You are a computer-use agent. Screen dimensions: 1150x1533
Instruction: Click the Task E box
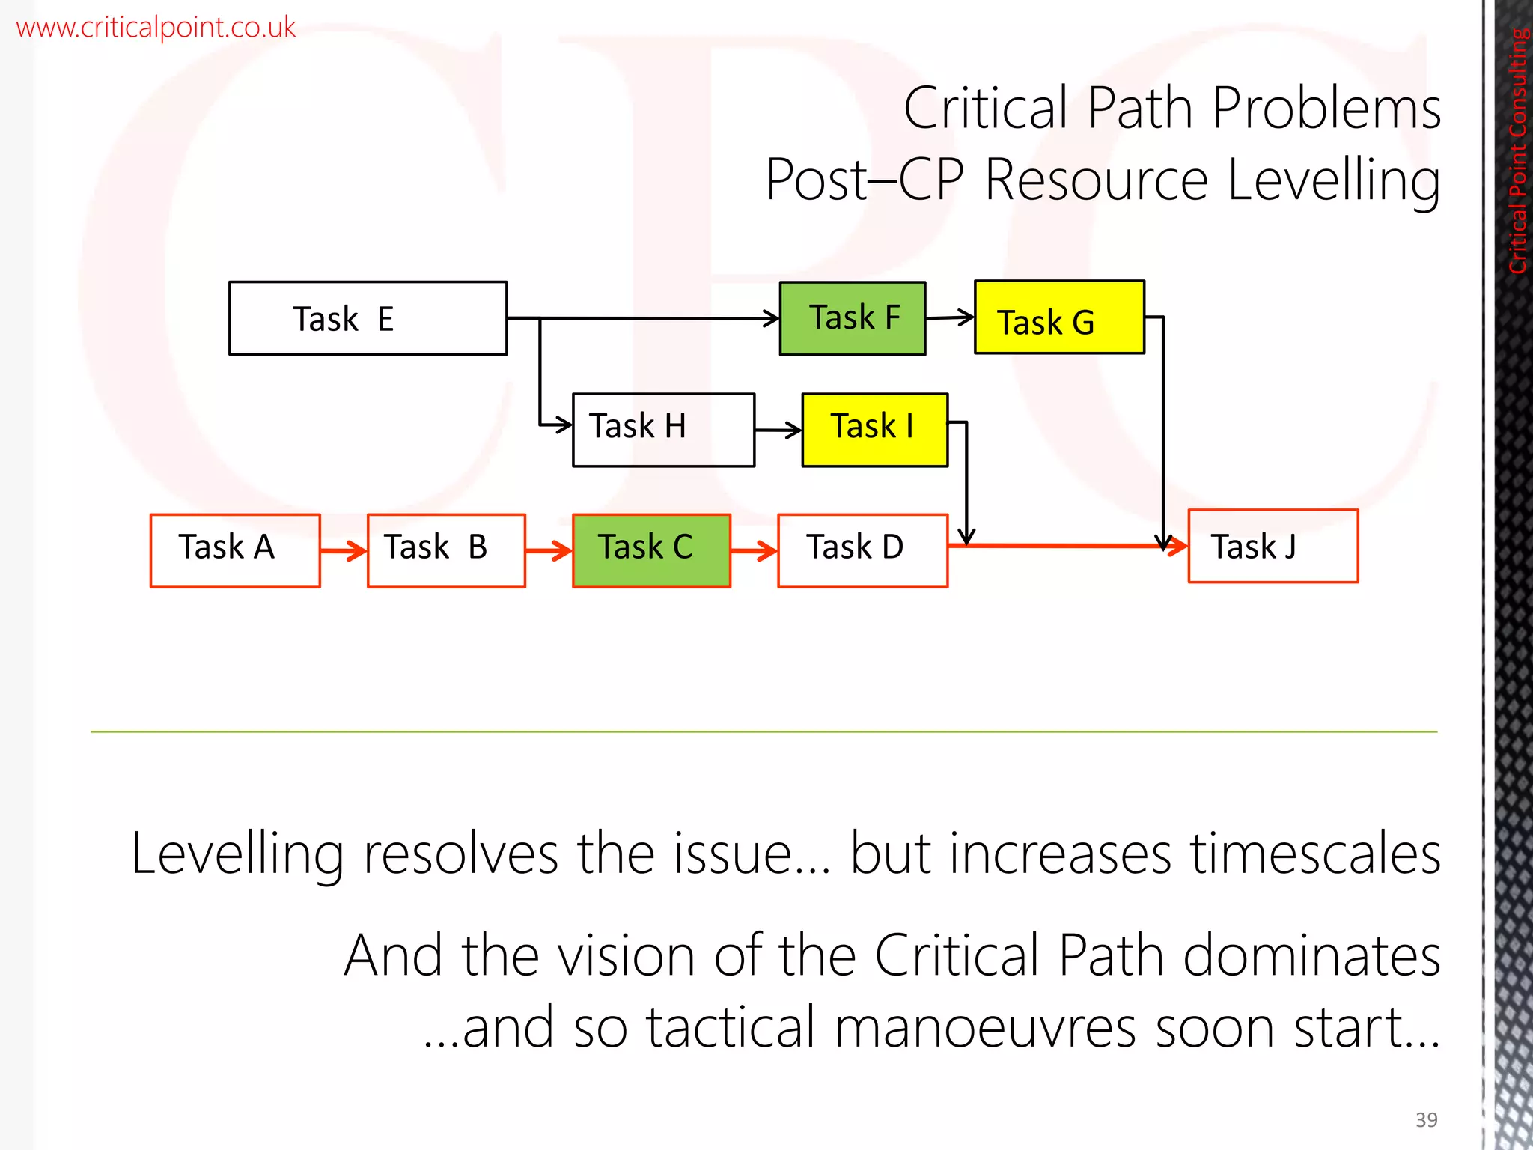click(368, 318)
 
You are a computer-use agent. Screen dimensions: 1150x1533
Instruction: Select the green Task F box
click(853, 318)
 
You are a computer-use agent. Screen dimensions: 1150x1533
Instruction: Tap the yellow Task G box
click(1059, 317)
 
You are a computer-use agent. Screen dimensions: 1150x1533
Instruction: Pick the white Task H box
click(663, 430)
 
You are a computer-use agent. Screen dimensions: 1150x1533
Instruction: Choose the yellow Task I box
click(874, 430)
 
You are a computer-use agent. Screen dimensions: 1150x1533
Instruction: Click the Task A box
click(235, 550)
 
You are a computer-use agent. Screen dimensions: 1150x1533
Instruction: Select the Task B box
click(446, 550)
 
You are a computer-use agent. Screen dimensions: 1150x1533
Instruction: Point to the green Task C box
click(651, 550)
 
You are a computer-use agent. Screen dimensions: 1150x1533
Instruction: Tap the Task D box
click(862, 550)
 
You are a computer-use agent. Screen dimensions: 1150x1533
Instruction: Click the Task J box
click(1273, 546)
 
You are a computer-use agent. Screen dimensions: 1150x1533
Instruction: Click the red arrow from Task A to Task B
click(344, 552)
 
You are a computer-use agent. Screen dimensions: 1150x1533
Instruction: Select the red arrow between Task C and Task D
click(754, 552)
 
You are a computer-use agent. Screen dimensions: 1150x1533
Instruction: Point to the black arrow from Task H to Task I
click(778, 431)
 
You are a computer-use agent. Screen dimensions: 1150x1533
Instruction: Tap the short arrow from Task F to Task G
click(950, 318)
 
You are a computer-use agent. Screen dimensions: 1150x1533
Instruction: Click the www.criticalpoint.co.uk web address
click(156, 28)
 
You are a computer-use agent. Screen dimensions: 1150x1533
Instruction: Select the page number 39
click(1426, 1119)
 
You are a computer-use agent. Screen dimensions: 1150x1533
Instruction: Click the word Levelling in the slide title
click(1334, 180)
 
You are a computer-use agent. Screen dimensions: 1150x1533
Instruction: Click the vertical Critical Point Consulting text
click(1517, 150)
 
